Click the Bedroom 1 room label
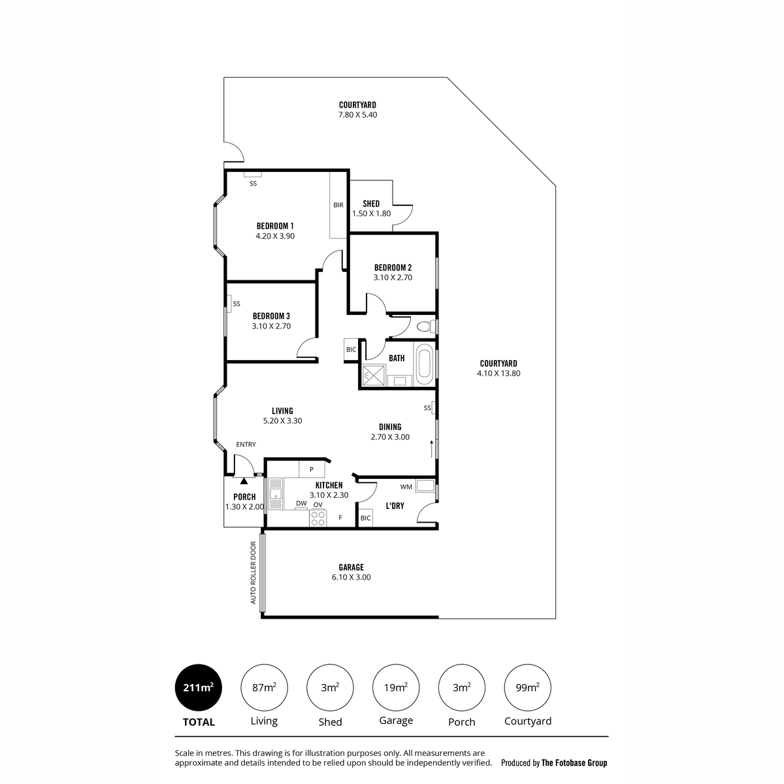(x=274, y=226)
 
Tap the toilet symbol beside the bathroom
(x=427, y=326)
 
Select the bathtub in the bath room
(x=425, y=364)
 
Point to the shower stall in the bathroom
(x=374, y=375)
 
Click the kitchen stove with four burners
(x=318, y=518)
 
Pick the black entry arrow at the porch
(x=244, y=481)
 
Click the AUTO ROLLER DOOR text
(x=253, y=572)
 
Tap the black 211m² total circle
(x=198, y=687)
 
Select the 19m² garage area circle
(x=395, y=687)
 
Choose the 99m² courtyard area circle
(x=527, y=687)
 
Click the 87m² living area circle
(x=264, y=687)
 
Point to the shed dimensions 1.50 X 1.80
(x=371, y=214)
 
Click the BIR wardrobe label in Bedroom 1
(x=338, y=205)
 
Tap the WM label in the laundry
(x=406, y=487)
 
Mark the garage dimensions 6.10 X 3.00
(x=351, y=577)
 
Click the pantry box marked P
(x=312, y=469)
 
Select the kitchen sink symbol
(x=276, y=495)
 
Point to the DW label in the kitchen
(x=301, y=503)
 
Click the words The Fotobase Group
(x=574, y=763)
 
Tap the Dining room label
(x=390, y=427)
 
